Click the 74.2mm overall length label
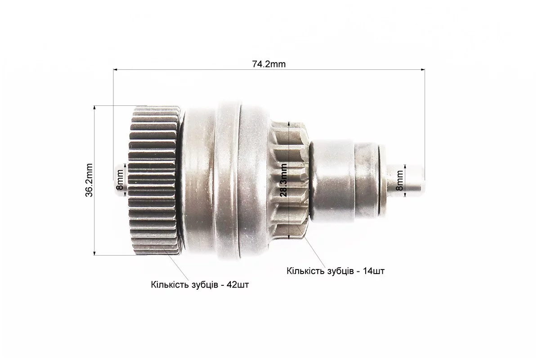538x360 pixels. tap(269, 64)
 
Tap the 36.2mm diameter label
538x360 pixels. tap(89, 180)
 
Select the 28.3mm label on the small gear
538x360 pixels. tap(284, 180)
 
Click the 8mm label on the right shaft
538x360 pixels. tap(400, 181)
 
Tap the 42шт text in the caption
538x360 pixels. tap(238, 285)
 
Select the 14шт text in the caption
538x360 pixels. tap(374, 271)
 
